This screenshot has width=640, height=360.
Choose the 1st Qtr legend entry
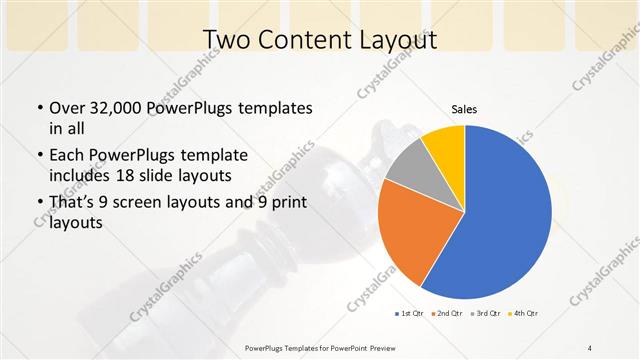409,315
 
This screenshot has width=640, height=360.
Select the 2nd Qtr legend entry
446,315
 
